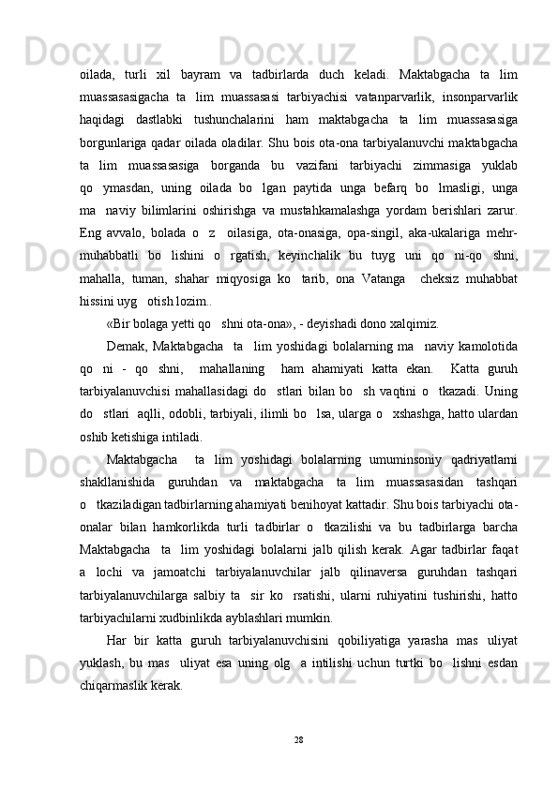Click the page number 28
tap(297, 740)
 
